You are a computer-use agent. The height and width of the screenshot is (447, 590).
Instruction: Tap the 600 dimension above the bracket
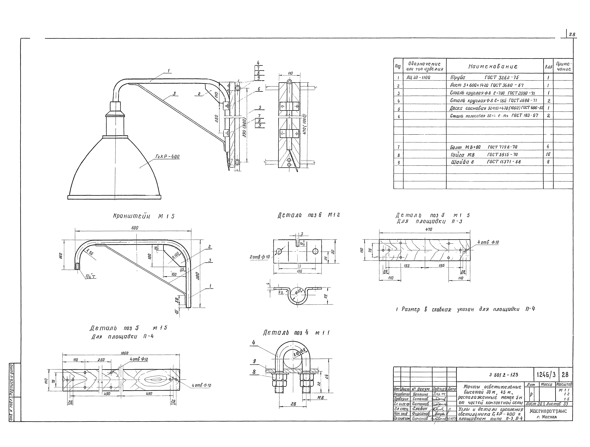coord(135,228)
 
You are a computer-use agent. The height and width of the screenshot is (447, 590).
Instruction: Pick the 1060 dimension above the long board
coord(125,353)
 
